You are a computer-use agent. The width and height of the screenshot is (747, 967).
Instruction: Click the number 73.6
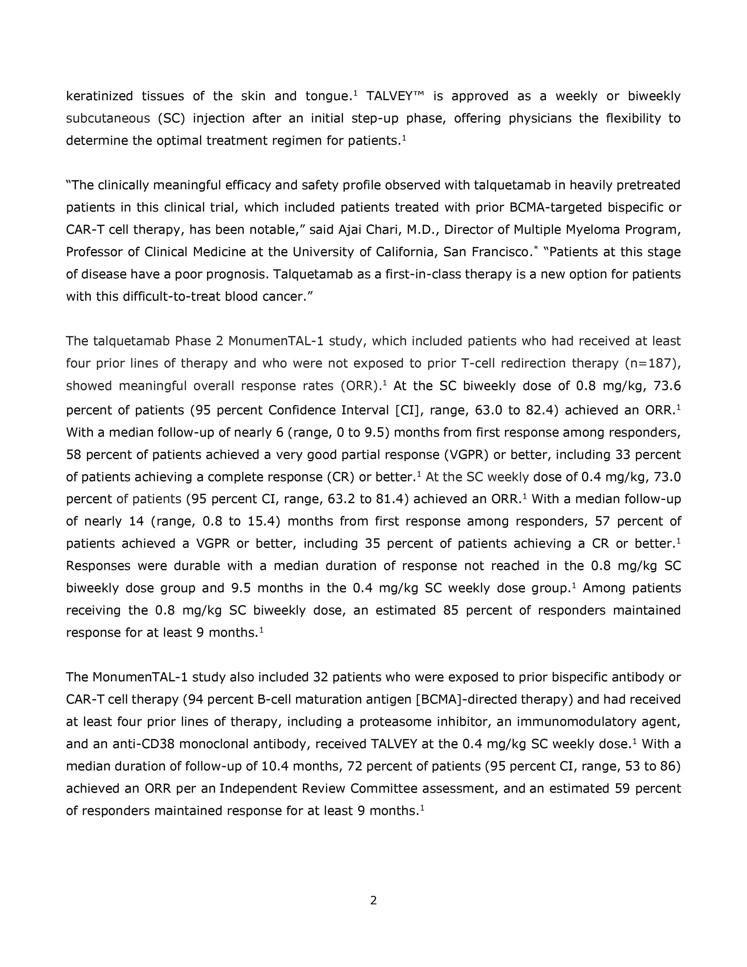click(666, 386)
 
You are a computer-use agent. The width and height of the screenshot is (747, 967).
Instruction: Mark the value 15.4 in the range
click(261, 521)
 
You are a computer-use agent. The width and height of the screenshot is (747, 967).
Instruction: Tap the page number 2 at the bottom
click(373, 901)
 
